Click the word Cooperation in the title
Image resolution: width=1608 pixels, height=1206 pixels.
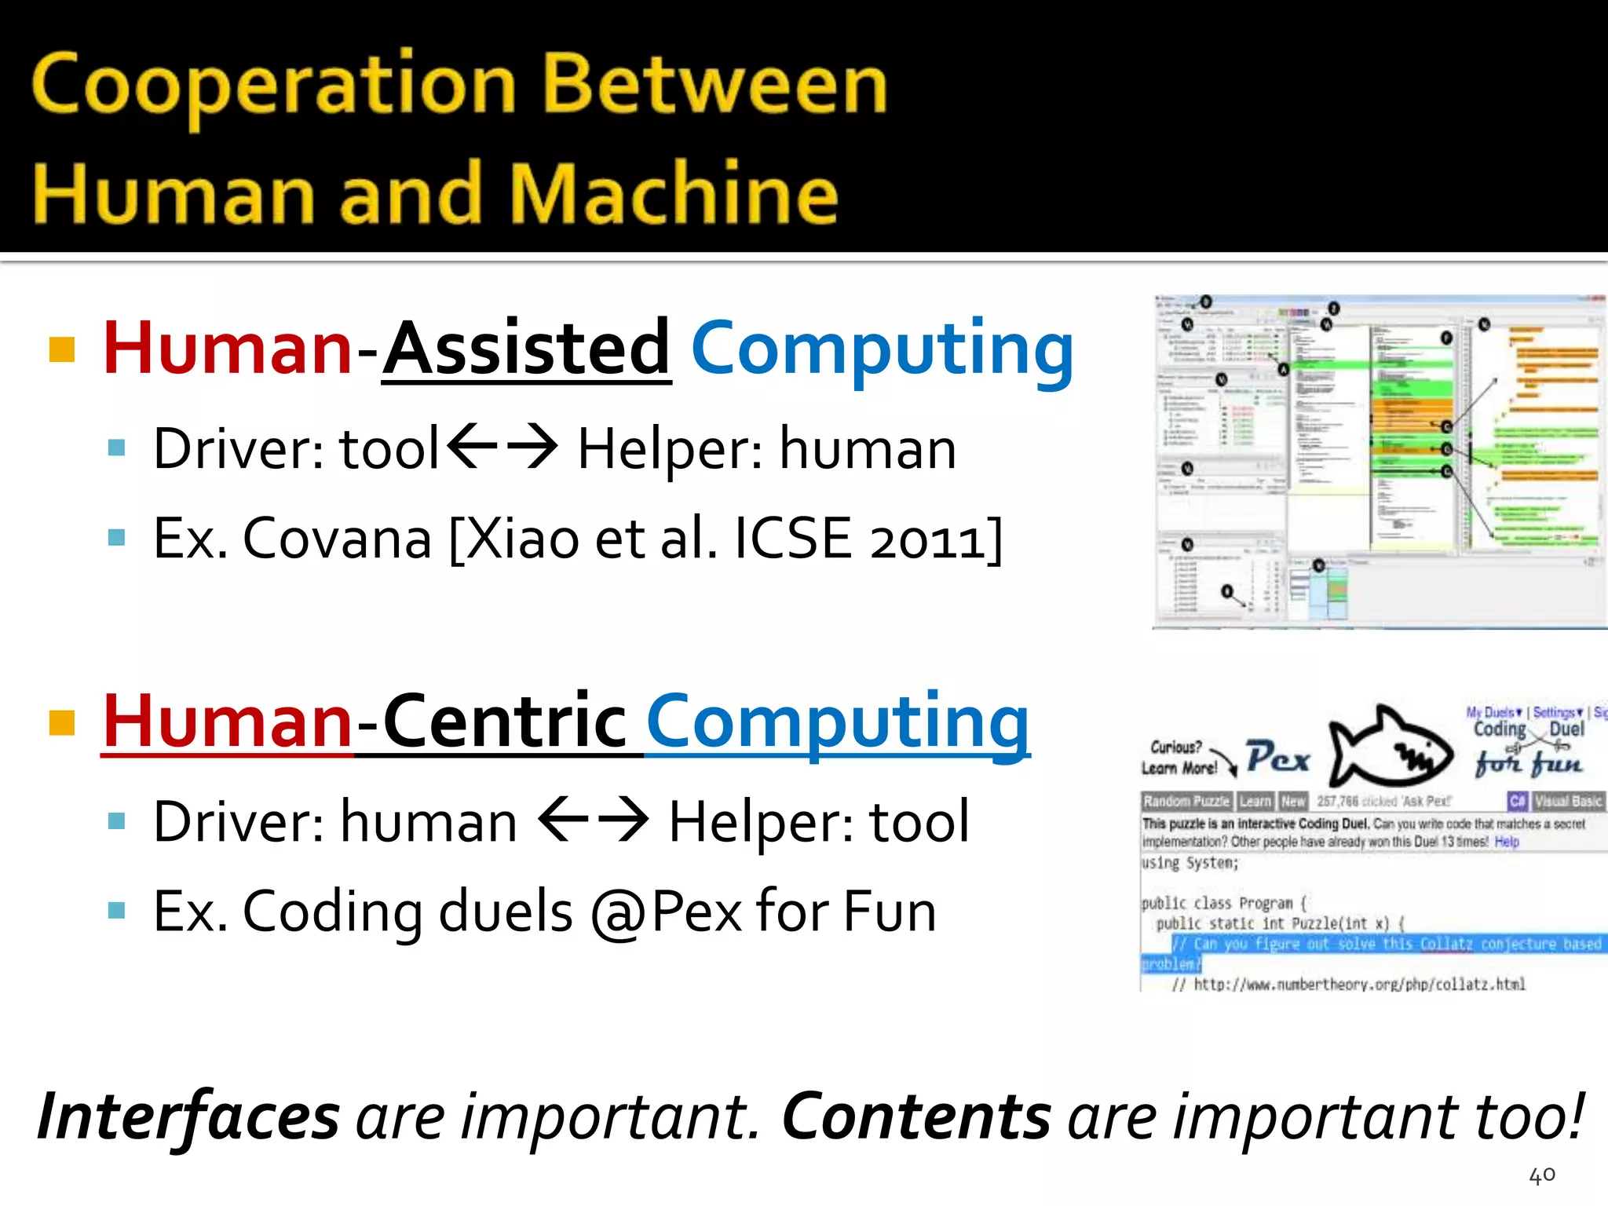(x=273, y=86)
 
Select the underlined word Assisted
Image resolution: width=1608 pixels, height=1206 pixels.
(x=527, y=349)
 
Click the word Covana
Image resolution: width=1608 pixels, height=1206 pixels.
(x=337, y=539)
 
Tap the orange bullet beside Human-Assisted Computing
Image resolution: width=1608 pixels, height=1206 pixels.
(x=62, y=349)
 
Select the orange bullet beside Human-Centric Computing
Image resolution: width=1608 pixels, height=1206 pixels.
(x=62, y=722)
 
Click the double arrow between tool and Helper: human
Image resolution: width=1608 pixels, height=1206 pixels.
(x=502, y=446)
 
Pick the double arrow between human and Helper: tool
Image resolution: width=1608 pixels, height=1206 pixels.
(x=594, y=819)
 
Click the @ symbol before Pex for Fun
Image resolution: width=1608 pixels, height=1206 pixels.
(x=619, y=913)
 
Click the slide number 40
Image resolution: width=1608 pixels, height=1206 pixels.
(x=1542, y=1175)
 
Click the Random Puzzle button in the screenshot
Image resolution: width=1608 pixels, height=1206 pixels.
(x=1186, y=802)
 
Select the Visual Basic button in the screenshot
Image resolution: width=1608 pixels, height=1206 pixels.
(x=1568, y=802)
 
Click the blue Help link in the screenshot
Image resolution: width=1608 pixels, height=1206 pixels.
(x=1507, y=842)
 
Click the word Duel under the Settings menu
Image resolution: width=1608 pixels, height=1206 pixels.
(x=1566, y=729)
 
